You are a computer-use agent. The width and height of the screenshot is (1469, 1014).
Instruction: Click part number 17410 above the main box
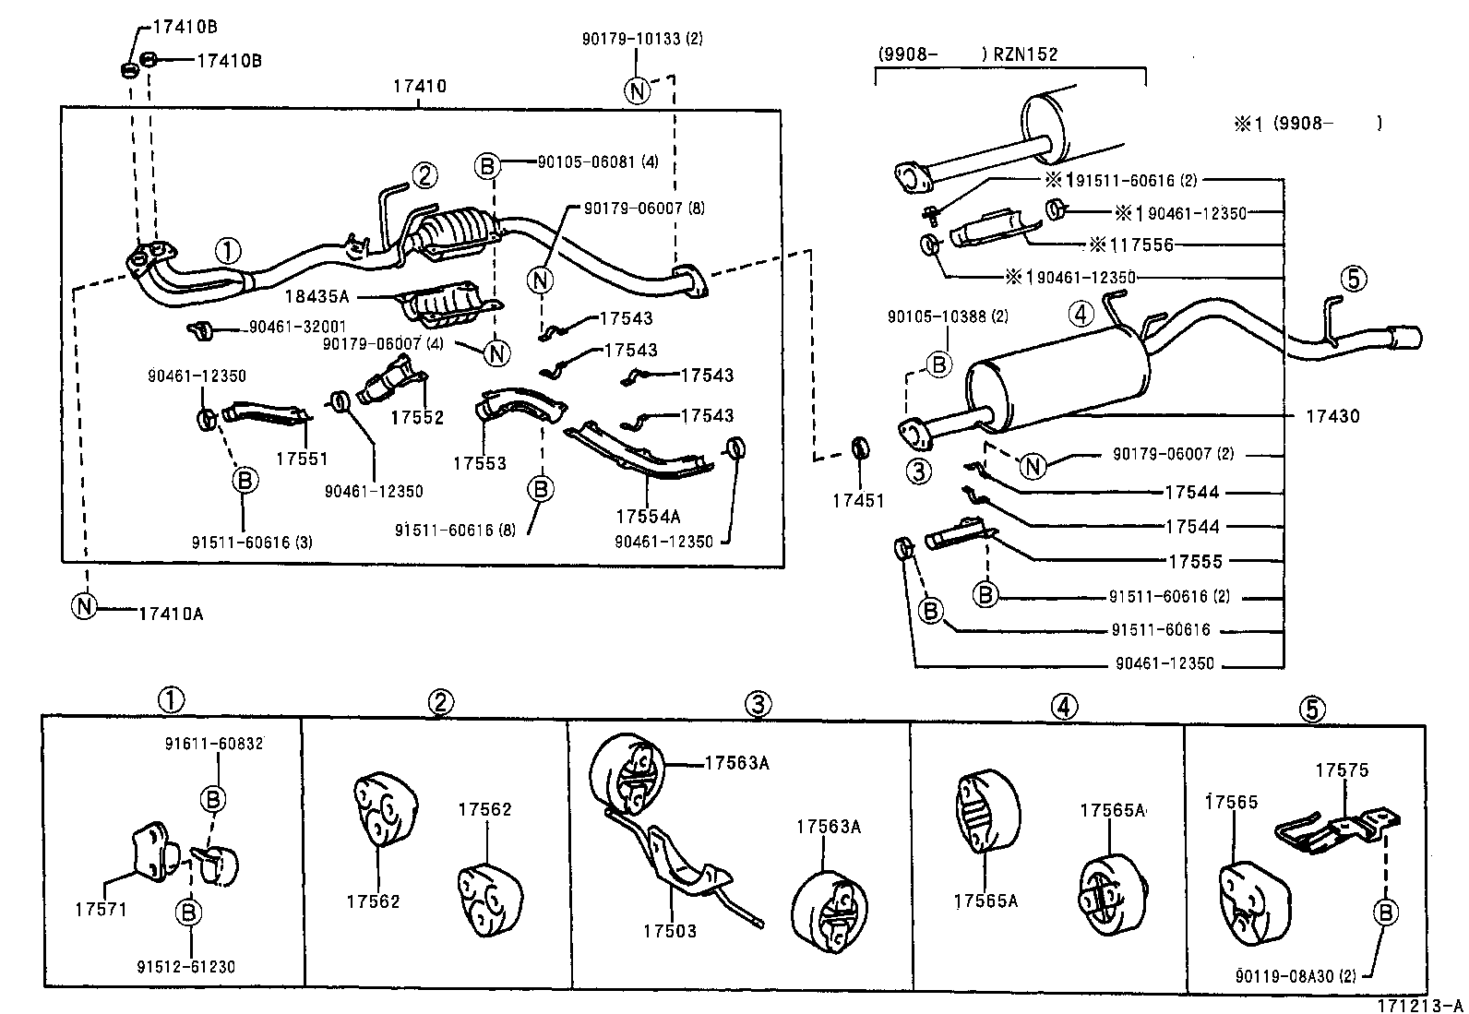tap(419, 87)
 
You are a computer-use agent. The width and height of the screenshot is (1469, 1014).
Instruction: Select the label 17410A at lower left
tap(171, 613)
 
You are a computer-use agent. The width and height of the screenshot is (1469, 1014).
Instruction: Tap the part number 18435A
tap(317, 297)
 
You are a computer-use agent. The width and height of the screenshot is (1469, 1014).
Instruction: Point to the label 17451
tap(857, 501)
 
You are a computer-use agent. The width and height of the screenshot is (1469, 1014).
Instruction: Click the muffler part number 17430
tap(1332, 416)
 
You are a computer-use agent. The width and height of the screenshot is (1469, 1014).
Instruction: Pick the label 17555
tap(1194, 561)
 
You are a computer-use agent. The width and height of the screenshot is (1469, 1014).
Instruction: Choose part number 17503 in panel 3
tap(670, 931)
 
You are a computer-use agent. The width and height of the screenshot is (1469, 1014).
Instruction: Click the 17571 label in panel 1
tap(102, 909)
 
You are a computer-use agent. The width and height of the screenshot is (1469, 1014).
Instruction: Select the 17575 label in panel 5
tap(1342, 770)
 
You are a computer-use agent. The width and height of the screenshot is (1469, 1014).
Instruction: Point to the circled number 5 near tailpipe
tap(1353, 278)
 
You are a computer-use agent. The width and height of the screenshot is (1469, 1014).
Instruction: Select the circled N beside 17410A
tap(84, 606)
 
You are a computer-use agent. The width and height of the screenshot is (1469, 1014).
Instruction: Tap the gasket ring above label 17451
tap(859, 449)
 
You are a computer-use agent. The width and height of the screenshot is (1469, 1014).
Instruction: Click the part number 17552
tap(416, 417)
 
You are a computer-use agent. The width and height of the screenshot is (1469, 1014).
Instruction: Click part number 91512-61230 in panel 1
tap(185, 967)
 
